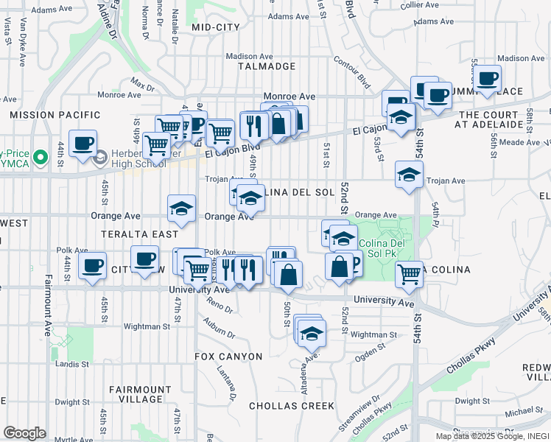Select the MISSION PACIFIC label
coord(55,115)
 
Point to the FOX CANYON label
coord(228,357)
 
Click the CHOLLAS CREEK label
coord(292,406)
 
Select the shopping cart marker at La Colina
coord(409,274)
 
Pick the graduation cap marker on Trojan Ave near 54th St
coord(409,175)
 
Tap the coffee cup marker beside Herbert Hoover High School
coord(83,143)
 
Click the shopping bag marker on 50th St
coord(289,275)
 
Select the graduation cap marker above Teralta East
coord(181,209)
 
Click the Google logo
coord(24,433)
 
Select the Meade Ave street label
coord(523,142)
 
